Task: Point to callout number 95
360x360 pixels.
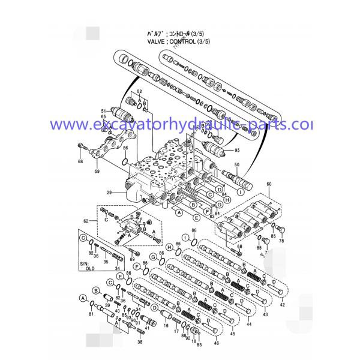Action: [x=236, y=150]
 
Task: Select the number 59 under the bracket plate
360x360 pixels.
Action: [x=97, y=172]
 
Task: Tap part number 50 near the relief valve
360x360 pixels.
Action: [x=236, y=164]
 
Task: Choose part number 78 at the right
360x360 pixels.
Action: [x=281, y=241]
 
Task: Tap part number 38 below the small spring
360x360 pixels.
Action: [x=140, y=342]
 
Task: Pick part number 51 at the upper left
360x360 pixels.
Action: [x=103, y=111]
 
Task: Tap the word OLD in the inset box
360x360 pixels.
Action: [x=91, y=269]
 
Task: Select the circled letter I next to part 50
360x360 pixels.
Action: [x=240, y=191]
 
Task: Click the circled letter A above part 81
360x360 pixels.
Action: [x=82, y=298]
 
